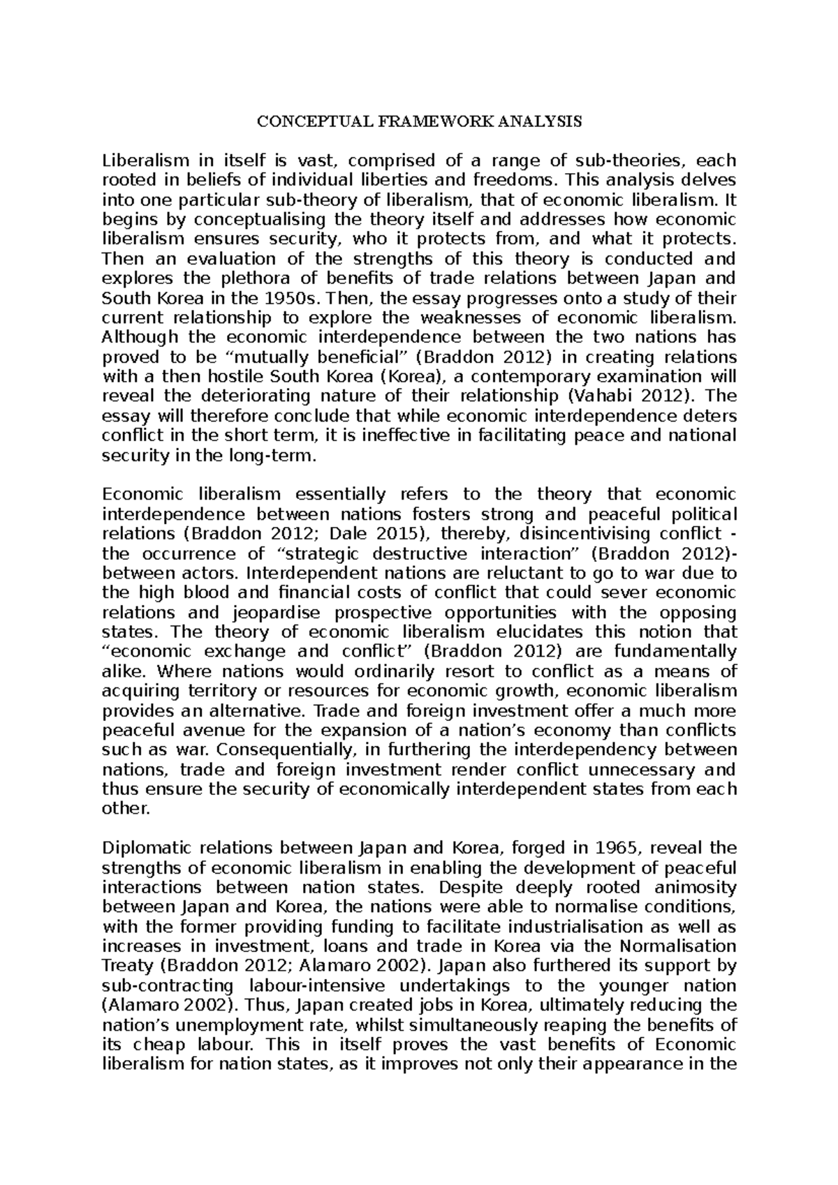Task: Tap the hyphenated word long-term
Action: click(x=277, y=456)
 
